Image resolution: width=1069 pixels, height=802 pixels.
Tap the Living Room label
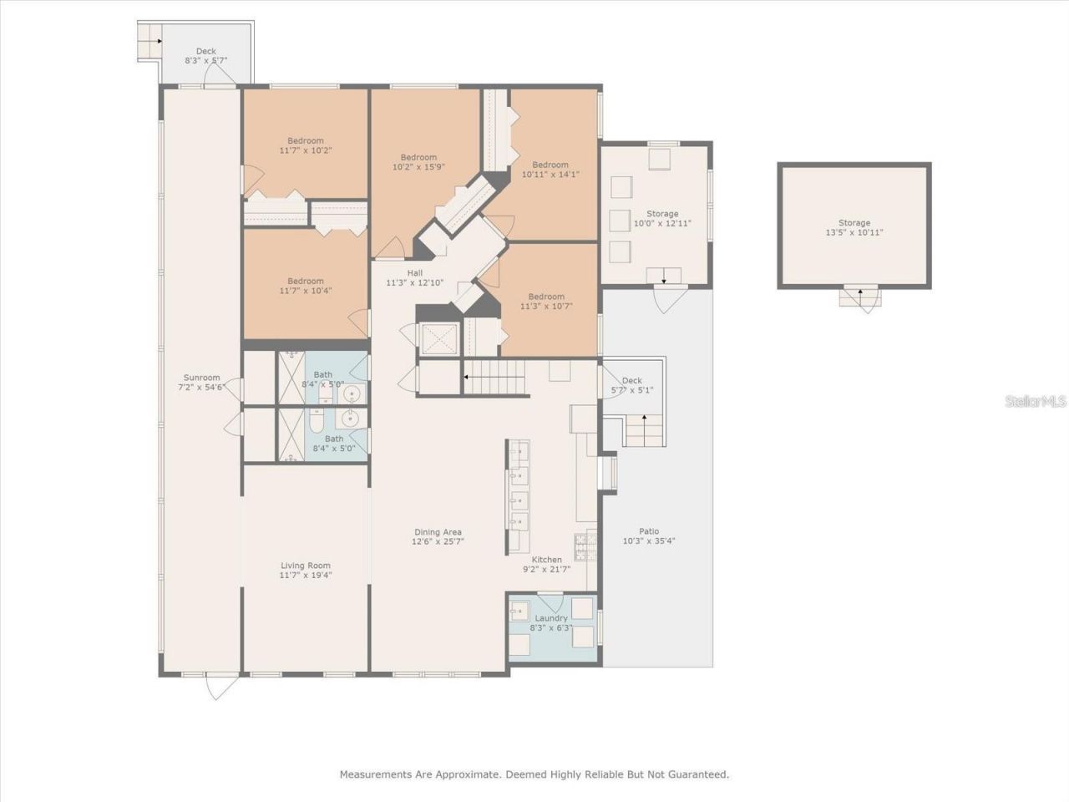click(306, 566)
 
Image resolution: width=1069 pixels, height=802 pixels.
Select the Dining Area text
click(438, 532)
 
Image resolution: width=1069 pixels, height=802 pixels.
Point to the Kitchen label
click(547, 560)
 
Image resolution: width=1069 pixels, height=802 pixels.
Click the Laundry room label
click(551, 618)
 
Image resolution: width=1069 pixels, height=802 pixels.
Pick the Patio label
click(649, 531)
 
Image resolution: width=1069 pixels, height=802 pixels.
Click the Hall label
click(415, 273)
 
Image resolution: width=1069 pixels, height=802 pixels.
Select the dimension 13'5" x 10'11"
click(854, 232)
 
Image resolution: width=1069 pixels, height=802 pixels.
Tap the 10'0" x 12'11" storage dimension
click(662, 223)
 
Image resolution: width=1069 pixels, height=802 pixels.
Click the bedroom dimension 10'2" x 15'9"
click(418, 166)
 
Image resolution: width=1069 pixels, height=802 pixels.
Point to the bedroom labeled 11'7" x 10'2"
click(306, 145)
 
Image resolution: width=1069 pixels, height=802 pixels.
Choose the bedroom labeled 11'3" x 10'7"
click(546, 302)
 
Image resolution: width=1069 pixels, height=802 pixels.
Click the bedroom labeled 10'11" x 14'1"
click(550, 170)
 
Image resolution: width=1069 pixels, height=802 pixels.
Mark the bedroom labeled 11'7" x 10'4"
click(306, 286)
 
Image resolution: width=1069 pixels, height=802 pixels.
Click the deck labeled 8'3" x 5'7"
click(205, 56)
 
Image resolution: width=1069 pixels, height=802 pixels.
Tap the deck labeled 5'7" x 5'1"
click(632, 385)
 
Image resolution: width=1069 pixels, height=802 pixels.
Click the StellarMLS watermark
click(1036, 402)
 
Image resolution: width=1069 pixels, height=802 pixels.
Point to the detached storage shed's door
click(860, 298)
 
